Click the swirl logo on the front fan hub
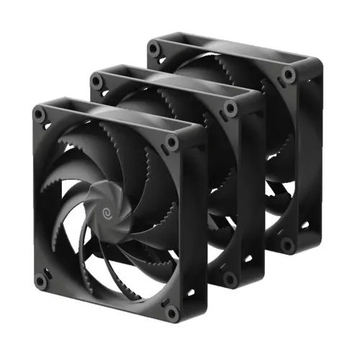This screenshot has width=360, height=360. (110, 213)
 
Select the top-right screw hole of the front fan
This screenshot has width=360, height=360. (171, 141)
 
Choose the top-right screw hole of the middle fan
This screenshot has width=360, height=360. (230, 108)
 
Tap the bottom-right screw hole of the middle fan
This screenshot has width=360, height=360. (229, 276)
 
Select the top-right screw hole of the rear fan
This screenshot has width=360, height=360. (288, 73)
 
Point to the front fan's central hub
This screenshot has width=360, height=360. (109, 214)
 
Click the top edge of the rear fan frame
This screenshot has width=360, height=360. (223, 58)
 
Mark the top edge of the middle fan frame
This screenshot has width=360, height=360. (166, 90)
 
